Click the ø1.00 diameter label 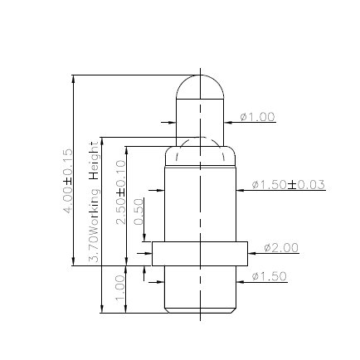(257, 117)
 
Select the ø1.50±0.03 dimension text (288, 184)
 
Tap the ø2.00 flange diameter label (280, 247)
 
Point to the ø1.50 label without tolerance (269, 275)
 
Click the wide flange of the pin (199, 254)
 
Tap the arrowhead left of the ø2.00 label (252, 254)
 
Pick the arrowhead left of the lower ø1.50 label (241, 282)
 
